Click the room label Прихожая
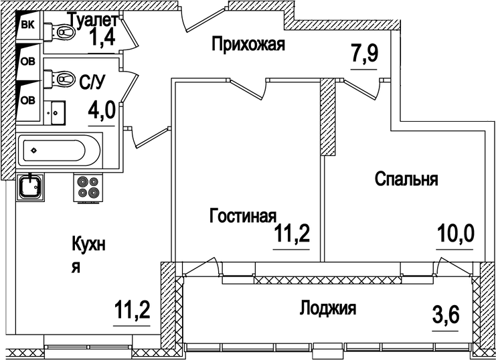coord(248,45)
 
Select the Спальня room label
coord(406,179)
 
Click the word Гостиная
coord(243,216)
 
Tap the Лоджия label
coord(327,308)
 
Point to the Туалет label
coord(94,19)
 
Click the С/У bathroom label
coord(92,82)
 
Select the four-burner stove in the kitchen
coord(88,187)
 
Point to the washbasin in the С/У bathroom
coord(56,110)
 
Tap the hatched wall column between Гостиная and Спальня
coord(327,117)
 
